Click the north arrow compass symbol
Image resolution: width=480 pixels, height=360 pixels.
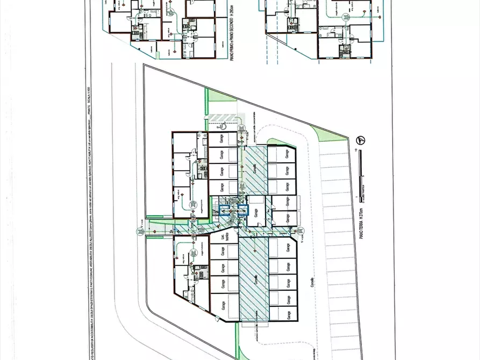coord(362,141)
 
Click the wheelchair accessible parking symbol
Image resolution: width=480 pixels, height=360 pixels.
coord(220,126)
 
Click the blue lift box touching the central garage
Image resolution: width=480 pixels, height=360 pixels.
coord(243,210)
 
